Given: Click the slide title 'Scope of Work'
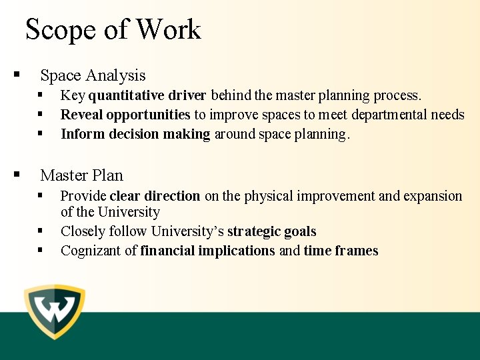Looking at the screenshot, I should [113, 30].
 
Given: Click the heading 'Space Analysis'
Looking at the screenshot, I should [93, 75].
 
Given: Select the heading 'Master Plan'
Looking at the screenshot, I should [81, 175].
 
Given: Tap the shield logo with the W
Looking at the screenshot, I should [55, 311].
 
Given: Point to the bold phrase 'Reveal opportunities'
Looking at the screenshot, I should [125, 115].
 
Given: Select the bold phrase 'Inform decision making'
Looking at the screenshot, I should [135, 134].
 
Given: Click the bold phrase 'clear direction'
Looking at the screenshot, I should [155, 196].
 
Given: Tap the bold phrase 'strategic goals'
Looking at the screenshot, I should [271, 231].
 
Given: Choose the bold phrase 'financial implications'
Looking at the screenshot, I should [207, 251].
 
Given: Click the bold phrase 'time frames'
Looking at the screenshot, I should [341, 251].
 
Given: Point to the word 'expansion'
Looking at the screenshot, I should [432, 196].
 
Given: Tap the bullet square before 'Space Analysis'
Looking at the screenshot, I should [17, 75].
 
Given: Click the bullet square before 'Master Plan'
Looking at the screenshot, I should [17, 175].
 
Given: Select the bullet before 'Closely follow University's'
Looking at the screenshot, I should [41, 231].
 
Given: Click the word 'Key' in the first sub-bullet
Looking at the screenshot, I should [73, 96].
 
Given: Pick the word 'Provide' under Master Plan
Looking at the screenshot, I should [83, 196].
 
